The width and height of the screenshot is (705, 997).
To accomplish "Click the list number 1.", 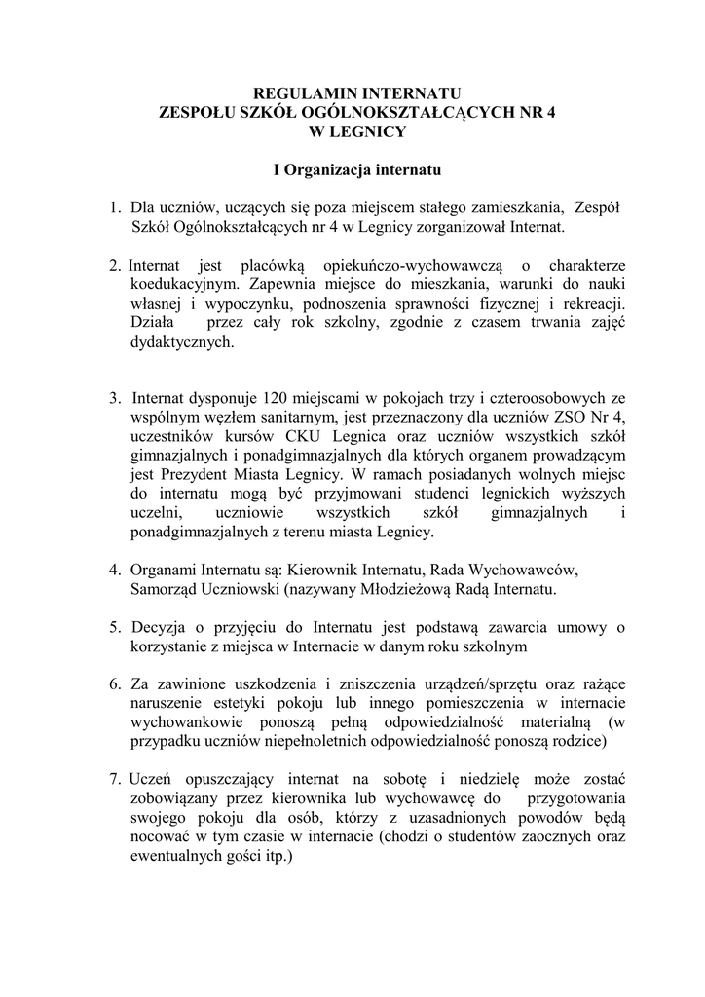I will (x=113, y=207).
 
